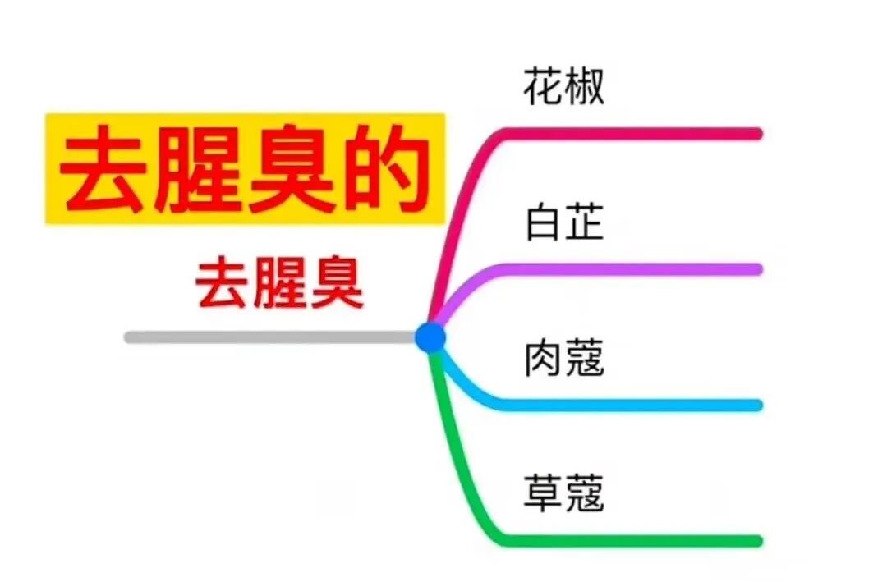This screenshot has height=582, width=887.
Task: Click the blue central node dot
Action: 430,337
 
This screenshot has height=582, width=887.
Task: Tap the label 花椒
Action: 563,86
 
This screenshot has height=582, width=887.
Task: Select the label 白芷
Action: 563,222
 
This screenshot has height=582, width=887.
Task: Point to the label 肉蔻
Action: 563,359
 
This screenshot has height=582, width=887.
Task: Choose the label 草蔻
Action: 563,494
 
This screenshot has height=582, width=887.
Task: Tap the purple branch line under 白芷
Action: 632,269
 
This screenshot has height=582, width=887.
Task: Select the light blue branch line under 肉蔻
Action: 632,405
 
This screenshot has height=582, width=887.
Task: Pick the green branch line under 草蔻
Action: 632,541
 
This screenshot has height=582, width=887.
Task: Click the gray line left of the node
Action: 271,337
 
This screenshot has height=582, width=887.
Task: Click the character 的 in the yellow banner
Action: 387,171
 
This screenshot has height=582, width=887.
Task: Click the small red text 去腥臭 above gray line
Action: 279,283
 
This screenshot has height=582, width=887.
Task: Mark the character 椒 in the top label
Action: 584,86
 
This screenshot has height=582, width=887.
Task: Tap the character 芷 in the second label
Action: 584,222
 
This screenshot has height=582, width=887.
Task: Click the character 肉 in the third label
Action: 544,359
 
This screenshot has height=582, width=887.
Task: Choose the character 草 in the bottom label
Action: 544,494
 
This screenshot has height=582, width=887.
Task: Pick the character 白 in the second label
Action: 544,222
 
